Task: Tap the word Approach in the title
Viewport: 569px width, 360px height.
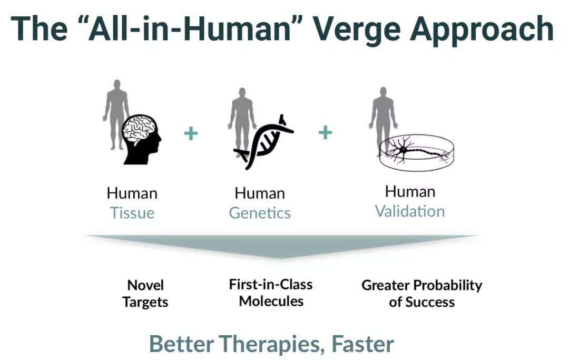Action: click(482, 30)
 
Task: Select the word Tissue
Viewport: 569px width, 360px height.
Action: click(132, 212)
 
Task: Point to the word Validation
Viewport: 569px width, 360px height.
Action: click(410, 211)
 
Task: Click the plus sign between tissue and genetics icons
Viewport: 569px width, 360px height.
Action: click(191, 133)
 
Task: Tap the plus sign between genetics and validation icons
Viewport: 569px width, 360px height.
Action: click(325, 132)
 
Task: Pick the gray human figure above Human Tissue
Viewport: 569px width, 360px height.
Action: click(116, 114)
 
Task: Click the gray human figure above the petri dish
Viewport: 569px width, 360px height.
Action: click(383, 120)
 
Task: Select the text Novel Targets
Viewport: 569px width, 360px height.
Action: click(145, 294)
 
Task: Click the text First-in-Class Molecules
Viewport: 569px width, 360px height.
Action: click(271, 293)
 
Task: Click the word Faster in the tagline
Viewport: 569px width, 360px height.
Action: click(362, 344)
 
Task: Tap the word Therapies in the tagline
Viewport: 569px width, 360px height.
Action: click(270, 345)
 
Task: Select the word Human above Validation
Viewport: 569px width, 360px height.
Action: click(410, 192)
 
